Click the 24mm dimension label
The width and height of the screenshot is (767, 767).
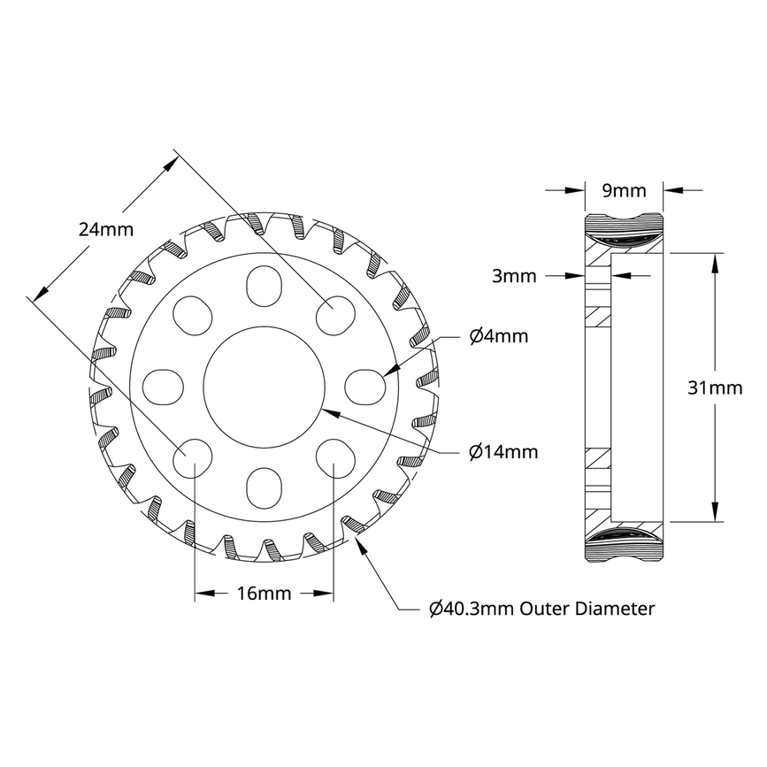105,229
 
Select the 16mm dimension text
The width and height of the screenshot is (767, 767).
264,594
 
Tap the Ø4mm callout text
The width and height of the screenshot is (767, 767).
498,336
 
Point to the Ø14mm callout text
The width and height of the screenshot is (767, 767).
502,452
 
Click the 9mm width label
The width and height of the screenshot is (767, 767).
625,190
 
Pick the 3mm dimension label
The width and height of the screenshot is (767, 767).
514,276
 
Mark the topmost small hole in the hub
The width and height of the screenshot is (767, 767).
263,287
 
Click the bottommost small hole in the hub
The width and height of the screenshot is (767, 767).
263,485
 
